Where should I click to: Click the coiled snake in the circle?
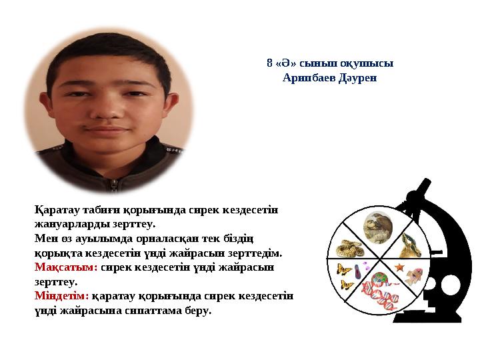pos(347,250)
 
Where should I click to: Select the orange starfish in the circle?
pos(399,267)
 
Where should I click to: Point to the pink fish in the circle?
pos(414,274)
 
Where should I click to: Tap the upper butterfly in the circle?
pos(344,269)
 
